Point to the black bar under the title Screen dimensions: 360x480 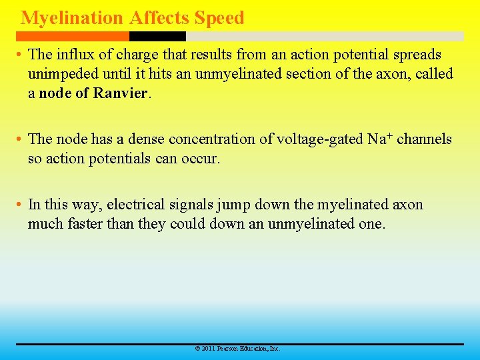pyautogui.click(x=157, y=36)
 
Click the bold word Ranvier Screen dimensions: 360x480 pyautogui.click(x=120, y=93)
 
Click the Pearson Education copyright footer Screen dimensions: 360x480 pyautogui.click(x=237, y=349)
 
